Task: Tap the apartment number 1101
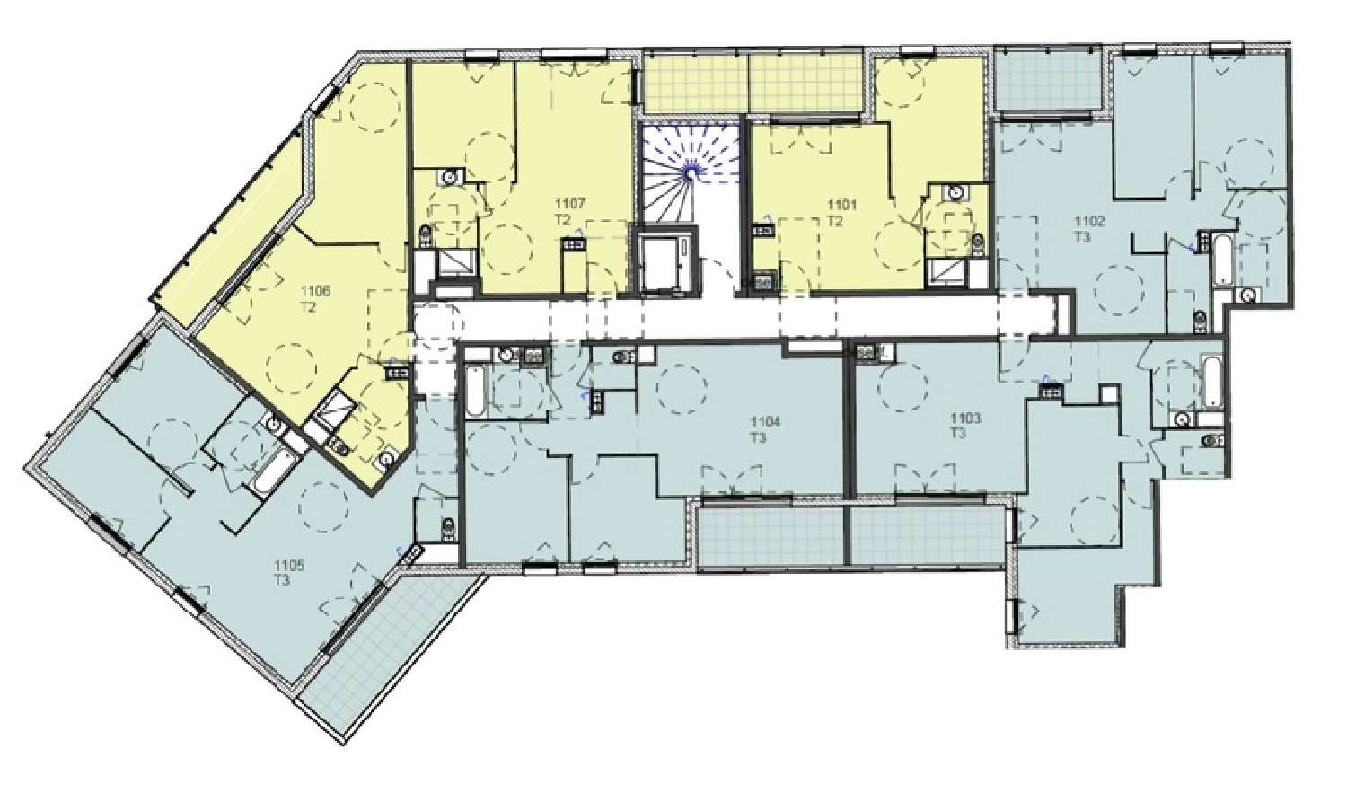pos(843,204)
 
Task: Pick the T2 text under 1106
pos(311,305)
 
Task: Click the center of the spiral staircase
pos(692,167)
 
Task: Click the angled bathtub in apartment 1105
pos(273,470)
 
